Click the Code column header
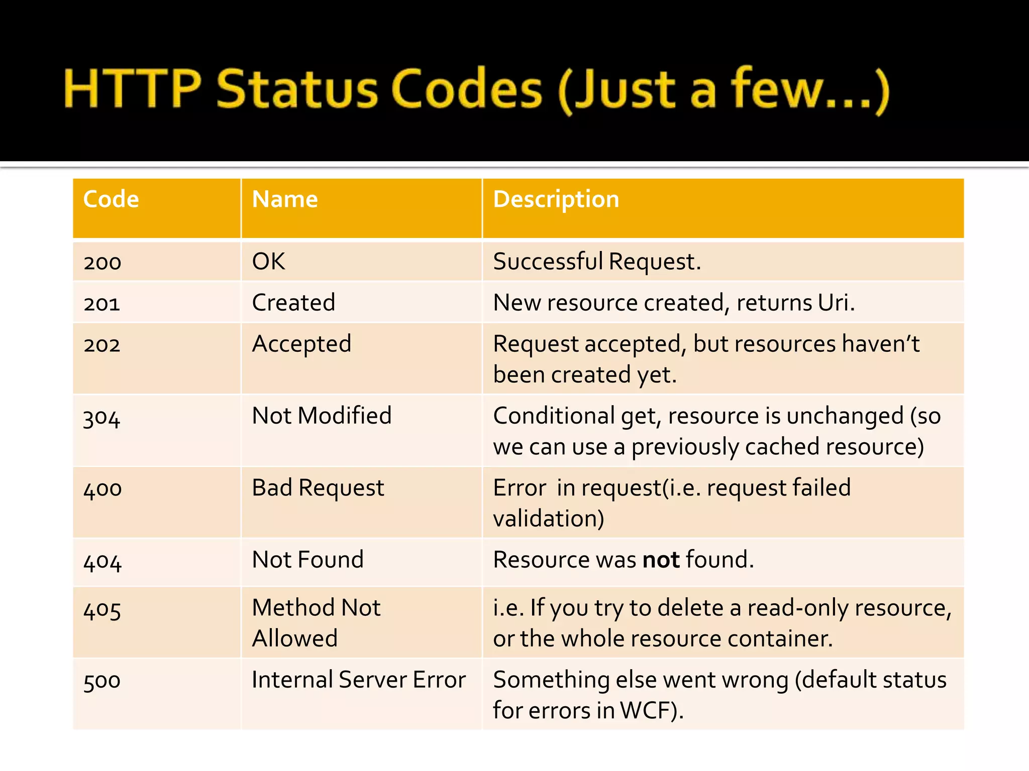111,199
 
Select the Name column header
285,199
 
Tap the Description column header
556,199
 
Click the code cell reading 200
102,263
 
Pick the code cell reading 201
102,304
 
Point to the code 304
101,418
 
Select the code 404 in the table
102,561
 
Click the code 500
102,681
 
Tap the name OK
268,262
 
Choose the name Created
293,303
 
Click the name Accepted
301,344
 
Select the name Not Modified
322,416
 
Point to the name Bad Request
318,488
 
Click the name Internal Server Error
359,680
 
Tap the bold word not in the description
661,560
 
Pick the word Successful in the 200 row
548,262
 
